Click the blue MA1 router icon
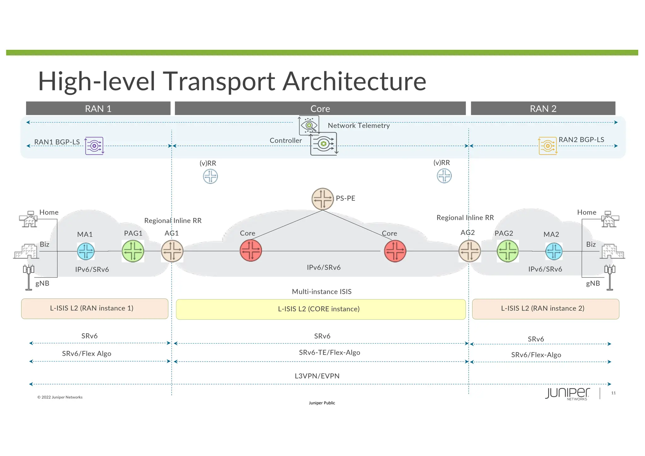pos(86,251)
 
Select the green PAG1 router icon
pos(133,251)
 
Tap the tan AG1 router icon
pos(172,251)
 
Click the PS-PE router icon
pos(322,199)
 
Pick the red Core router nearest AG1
pos(251,251)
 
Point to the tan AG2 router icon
pos(470,251)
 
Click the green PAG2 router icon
pos(507,251)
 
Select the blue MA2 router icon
pos(554,251)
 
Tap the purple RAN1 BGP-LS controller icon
pos(94,146)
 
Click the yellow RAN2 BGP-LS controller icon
pos(548,146)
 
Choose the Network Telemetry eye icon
pos(309,125)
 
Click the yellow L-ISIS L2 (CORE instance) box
pos(321,309)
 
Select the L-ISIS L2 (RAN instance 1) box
pos(94,309)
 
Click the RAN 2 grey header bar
pos(543,108)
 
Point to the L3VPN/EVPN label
pos(317,376)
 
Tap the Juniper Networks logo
pos(567,394)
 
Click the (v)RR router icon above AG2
pos(444,176)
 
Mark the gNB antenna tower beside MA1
pos(28,277)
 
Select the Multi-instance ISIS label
pos(322,292)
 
